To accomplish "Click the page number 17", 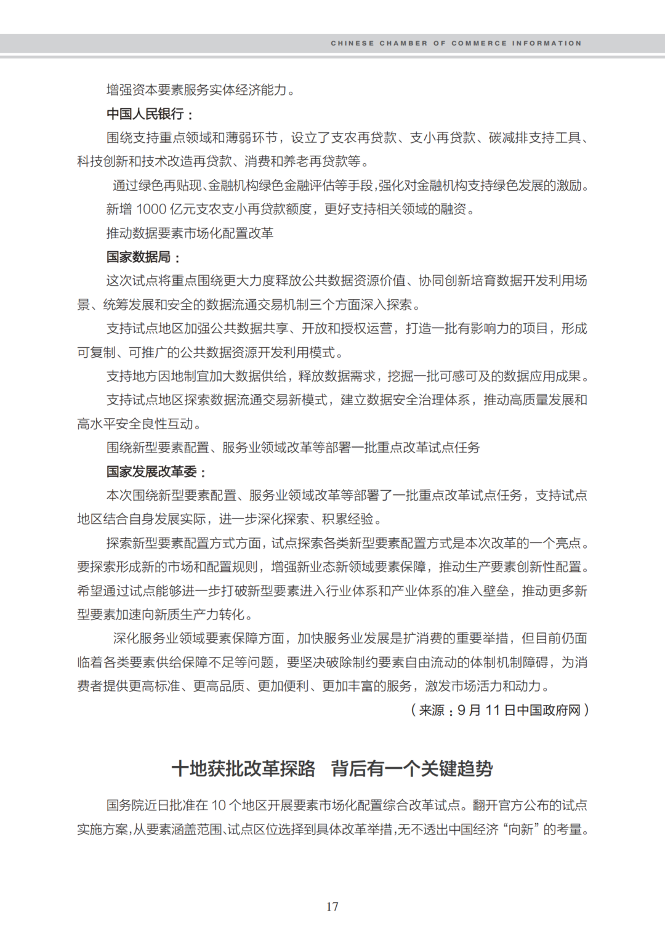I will point(332,906).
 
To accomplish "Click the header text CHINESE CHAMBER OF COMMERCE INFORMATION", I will point(456,43).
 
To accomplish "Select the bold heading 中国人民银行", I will point(145,114).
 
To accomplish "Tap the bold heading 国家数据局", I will point(139,257).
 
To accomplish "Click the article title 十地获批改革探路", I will point(243,768).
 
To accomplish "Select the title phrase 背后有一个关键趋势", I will point(412,768).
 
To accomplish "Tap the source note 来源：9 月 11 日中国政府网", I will point(499,710).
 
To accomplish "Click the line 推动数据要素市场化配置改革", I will point(190,233).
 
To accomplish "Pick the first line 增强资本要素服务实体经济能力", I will point(196,90).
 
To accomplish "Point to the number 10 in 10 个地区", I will point(219,805).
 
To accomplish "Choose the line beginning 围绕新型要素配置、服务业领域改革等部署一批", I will point(292,448).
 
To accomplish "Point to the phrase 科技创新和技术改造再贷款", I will point(155,161).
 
